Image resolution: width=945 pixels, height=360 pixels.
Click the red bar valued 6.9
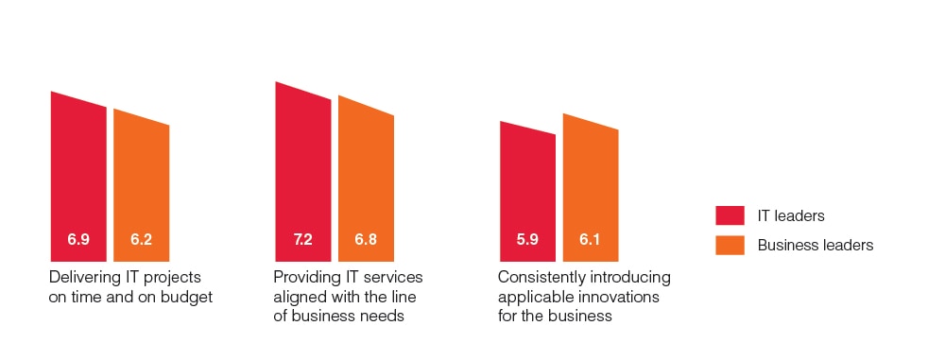pos(78,180)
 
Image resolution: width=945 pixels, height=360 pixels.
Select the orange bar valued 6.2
pos(142,189)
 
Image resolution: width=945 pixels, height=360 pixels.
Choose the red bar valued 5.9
pos(527,194)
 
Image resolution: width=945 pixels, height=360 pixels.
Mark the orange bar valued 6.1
pos(591,189)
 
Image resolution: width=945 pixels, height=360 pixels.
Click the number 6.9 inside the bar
pos(78,240)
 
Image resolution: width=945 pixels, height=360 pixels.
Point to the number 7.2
pos(303,240)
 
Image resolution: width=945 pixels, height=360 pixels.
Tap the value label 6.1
pos(591,240)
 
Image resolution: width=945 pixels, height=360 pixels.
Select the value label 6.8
pos(366,240)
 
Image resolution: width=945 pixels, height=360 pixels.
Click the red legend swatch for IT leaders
pos(731,216)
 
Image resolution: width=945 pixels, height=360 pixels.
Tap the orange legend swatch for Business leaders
pos(731,246)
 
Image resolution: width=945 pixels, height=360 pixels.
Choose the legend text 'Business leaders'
pos(815,246)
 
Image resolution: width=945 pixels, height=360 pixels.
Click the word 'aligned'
pos(297,297)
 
